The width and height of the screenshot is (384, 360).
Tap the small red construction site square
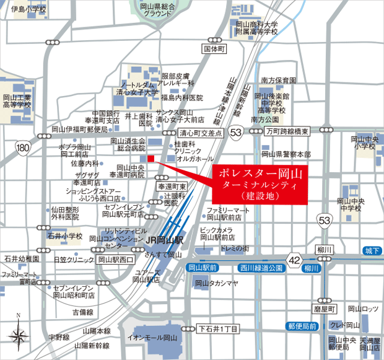151,158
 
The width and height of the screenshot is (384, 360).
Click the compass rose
18,335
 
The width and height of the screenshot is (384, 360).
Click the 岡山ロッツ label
362,308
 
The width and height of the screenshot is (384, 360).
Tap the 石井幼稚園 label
20,258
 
